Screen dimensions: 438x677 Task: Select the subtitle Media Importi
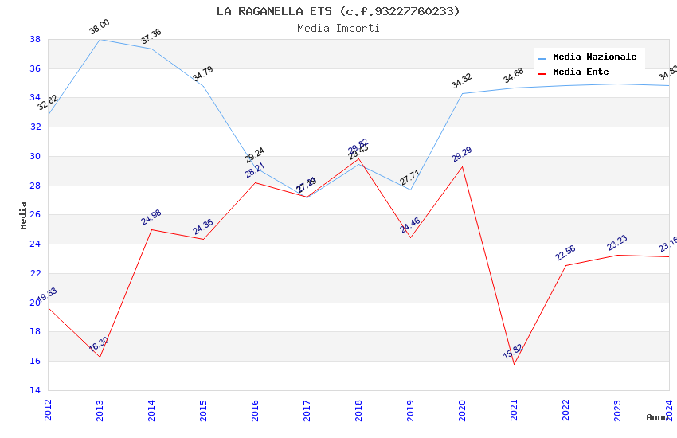click(338, 28)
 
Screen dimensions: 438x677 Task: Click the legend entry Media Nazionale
click(594, 57)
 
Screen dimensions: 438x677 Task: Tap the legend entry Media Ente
click(581, 72)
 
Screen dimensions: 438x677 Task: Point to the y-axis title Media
click(24, 215)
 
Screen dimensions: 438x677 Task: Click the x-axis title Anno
click(657, 417)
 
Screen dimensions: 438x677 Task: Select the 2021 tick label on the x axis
click(514, 410)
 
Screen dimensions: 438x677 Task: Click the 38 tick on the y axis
click(35, 39)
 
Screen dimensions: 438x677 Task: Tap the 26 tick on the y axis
click(35, 215)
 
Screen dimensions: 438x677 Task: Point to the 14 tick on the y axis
click(35, 390)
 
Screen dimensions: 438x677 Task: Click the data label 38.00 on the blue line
click(100, 27)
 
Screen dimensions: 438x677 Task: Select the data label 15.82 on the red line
click(513, 352)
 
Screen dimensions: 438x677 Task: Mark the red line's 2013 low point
click(100, 357)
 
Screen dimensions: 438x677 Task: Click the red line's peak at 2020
click(462, 166)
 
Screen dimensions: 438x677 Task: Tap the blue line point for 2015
click(203, 86)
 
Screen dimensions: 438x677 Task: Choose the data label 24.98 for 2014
click(151, 217)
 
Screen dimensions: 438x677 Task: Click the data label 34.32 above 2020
click(462, 81)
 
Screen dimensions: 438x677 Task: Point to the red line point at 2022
click(565, 265)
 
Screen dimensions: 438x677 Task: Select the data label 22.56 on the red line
click(565, 253)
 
